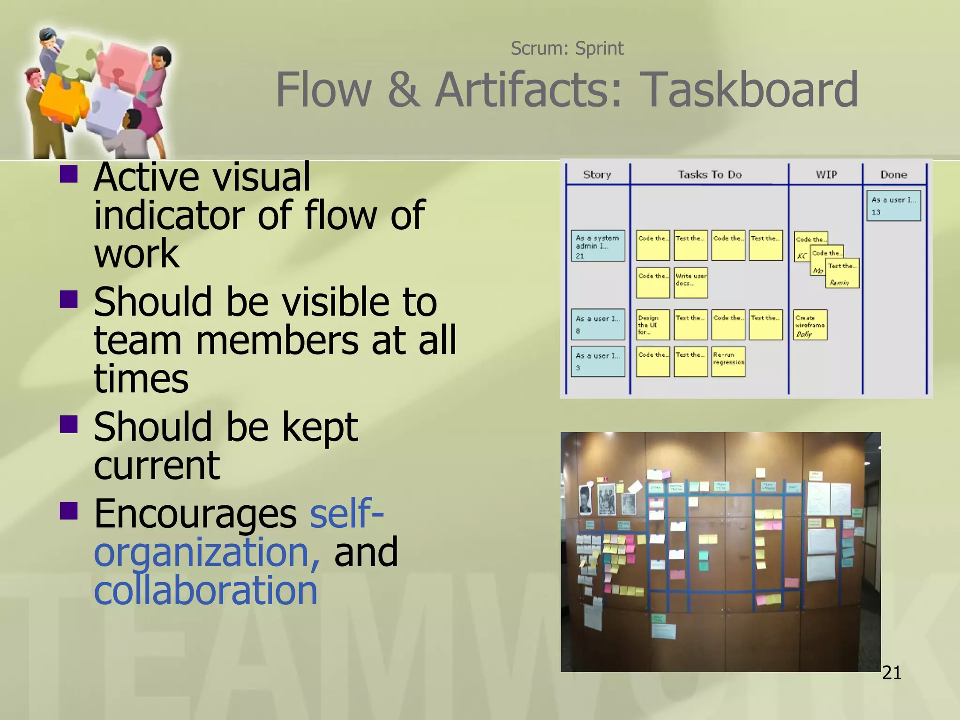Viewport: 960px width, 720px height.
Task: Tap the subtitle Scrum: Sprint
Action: (567, 48)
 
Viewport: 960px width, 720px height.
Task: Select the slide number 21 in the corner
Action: (891, 673)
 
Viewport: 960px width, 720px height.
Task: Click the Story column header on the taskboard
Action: (597, 175)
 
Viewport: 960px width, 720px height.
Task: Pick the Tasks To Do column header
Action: (710, 175)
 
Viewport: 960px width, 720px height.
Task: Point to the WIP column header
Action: (826, 175)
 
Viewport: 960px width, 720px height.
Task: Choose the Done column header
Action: (893, 175)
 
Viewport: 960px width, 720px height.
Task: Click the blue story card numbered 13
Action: (893, 205)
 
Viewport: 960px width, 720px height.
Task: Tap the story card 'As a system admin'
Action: (598, 246)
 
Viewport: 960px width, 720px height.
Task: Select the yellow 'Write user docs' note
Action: (690, 283)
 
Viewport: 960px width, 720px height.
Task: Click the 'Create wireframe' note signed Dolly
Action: (810, 325)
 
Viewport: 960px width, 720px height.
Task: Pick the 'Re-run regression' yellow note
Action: (728, 361)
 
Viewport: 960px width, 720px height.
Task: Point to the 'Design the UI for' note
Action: (652, 325)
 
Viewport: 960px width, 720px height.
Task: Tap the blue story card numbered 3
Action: (598, 361)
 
